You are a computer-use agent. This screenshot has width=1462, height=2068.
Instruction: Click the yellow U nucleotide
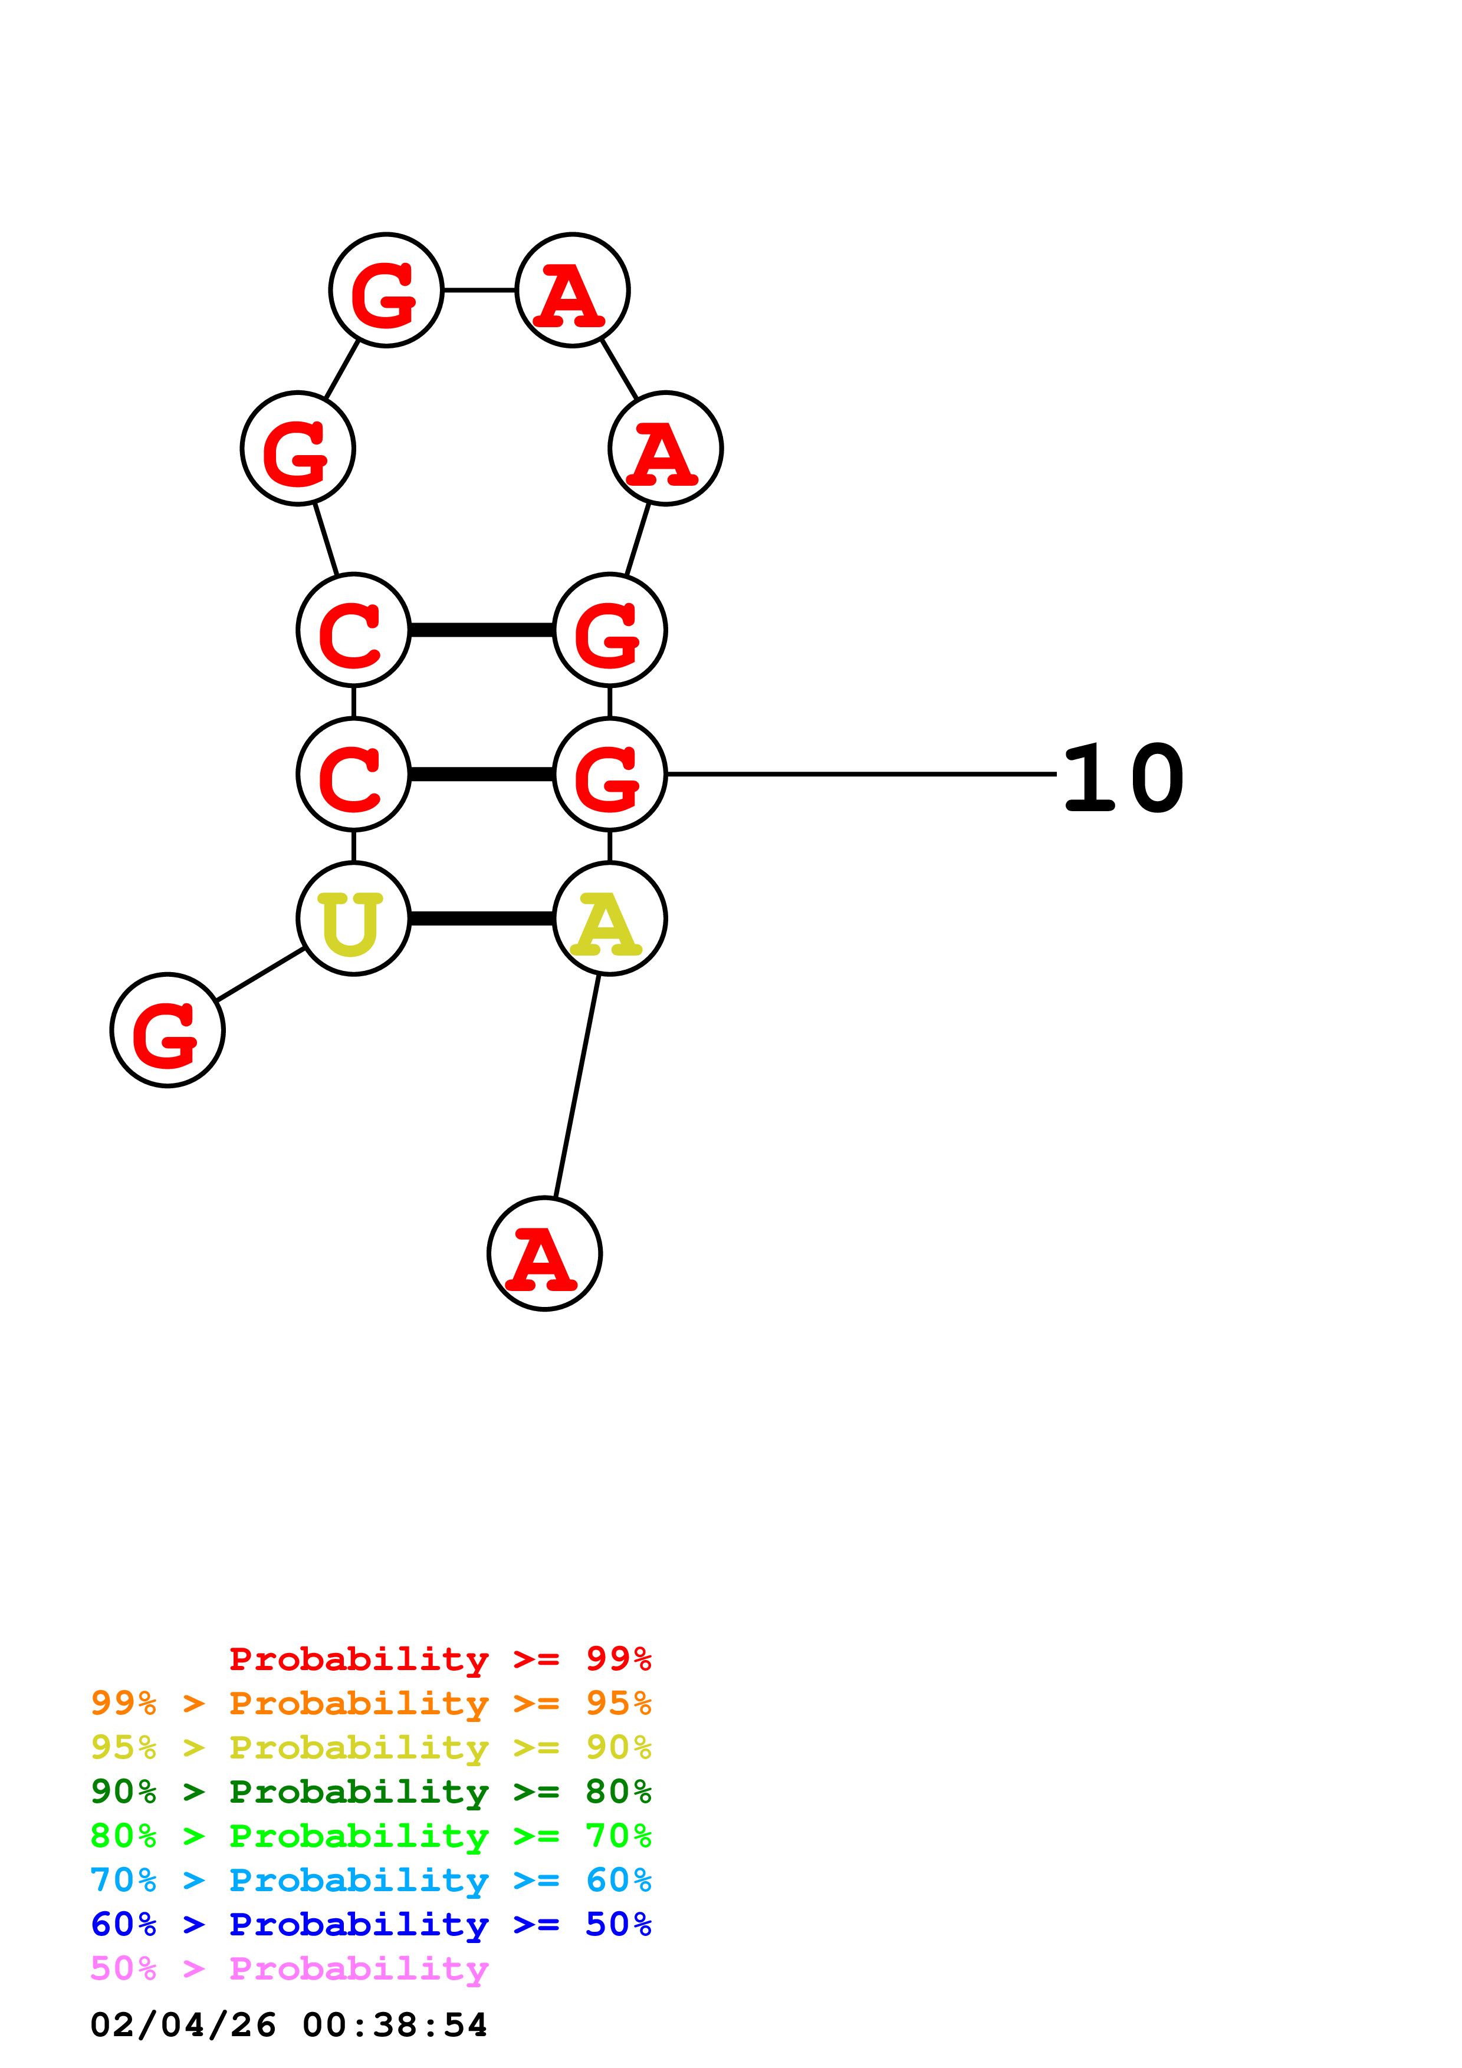tap(353, 918)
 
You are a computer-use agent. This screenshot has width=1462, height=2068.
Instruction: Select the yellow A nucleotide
tap(609, 918)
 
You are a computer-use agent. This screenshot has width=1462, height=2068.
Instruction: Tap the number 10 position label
tap(1122, 778)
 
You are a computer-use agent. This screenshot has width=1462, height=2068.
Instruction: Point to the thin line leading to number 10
tap(860, 773)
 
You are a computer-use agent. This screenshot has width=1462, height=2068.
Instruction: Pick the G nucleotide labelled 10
tap(609, 773)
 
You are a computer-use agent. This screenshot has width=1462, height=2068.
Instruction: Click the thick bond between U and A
tap(481, 918)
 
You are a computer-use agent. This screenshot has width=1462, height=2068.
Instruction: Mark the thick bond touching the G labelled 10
tap(481, 773)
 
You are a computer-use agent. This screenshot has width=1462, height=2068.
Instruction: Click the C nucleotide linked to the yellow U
tap(353, 773)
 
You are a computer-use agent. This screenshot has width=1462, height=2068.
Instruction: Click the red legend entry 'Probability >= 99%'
tap(439, 1658)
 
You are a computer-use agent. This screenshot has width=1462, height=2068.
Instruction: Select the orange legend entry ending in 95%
tap(370, 1703)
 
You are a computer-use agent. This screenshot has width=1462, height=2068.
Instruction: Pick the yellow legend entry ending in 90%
tap(370, 1747)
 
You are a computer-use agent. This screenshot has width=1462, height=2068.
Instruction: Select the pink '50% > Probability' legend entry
tap(288, 1967)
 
